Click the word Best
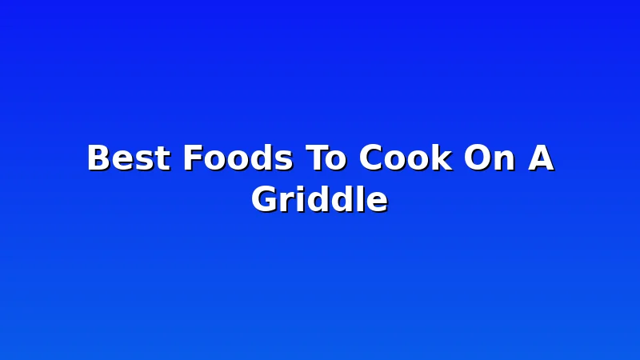pyautogui.click(x=128, y=158)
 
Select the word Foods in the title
pyautogui.click(x=238, y=158)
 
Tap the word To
pyautogui.click(x=326, y=158)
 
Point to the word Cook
pyautogui.click(x=406, y=157)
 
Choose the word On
pyautogui.click(x=489, y=158)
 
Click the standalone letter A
pyautogui.click(x=541, y=157)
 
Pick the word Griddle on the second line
pyautogui.click(x=319, y=198)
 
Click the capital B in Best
pyautogui.click(x=99, y=157)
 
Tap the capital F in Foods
pyautogui.click(x=193, y=157)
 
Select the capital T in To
pyautogui.click(x=318, y=157)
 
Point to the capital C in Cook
pyautogui.click(x=370, y=158)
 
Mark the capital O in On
pyautogui.click(x=478, y=158)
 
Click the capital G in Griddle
pyautogui.click(x=265, y=198)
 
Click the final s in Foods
pyautogui.click(x=283, y=161)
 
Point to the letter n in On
pyautogui.click(x=505, y=161)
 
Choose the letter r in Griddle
pyautogui.click(x=287, y=202)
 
